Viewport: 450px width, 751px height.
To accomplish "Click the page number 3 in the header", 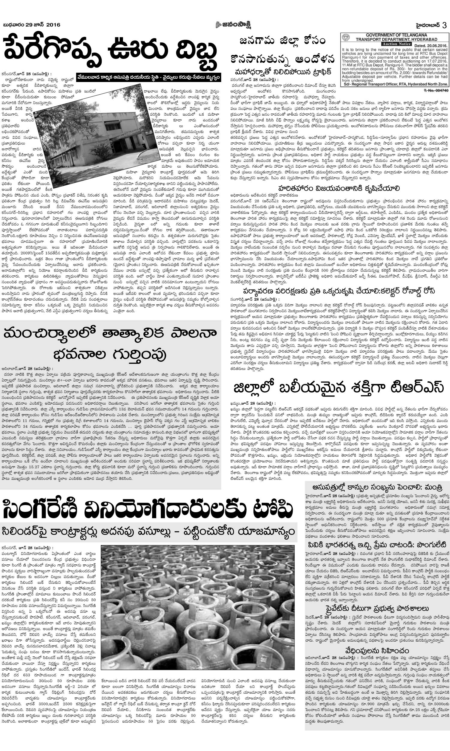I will [445, 25].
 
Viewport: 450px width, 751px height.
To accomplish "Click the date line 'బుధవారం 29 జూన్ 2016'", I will [31, 25].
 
